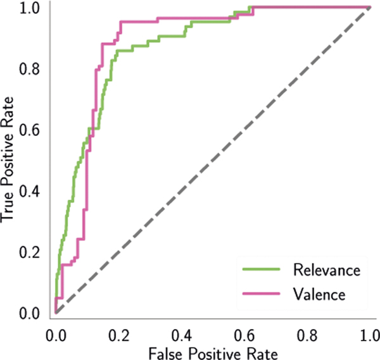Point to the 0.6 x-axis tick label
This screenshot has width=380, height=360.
click(244, 333)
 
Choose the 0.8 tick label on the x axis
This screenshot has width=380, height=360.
click(307, 333)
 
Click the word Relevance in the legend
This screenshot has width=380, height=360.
click(327, 270)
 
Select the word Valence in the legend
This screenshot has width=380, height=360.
click(319, 294)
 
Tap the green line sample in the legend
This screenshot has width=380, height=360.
click(262, 270)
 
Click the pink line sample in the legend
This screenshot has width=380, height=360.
click(262, 294)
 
